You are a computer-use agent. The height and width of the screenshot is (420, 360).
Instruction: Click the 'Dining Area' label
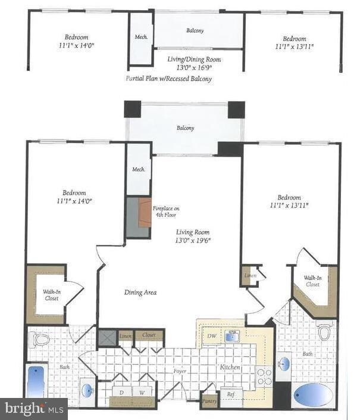click(140, 292)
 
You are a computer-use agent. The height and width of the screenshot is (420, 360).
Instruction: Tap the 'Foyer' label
click(180, 371)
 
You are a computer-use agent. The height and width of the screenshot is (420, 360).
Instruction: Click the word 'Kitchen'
click(229, 368)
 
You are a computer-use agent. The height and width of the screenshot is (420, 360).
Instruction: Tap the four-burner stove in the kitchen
click(264, 377)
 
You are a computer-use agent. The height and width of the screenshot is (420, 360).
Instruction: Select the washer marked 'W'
click(142, 393)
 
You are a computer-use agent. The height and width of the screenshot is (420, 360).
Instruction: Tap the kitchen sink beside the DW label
click(231, 336)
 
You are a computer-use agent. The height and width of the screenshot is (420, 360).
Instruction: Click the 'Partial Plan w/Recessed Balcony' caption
click(168, 78)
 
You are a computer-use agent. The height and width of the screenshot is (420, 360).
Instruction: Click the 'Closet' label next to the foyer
click(149, 335)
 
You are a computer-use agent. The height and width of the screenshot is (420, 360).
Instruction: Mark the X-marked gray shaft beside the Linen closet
click(107, 337)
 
